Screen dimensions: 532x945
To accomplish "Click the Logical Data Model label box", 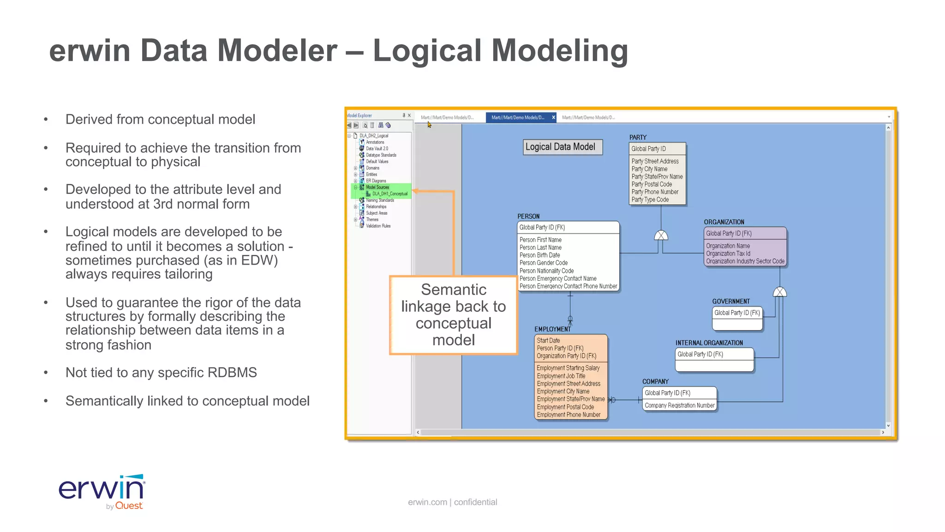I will pyautogui.click(x=562, y=147).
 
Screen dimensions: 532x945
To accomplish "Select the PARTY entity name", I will pyautogui.click(x=638, y=138).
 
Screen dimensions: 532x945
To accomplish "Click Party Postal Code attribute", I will pyautogui.click(x=652, y=184).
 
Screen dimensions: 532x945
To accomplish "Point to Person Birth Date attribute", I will pyautogui.click(x=539, y=255).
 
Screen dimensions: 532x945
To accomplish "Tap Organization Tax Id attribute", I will pyautogui.click(x=728, y=254).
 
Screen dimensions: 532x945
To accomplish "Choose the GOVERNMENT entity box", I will pyautogui.click(x=737, y=319).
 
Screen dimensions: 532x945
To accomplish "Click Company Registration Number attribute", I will pyautogui.click(x=679, y=405).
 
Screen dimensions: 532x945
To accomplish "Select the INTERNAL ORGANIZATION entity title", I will pyautogui.click(x=709, y=343).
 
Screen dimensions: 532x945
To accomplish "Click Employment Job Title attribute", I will pyautogui.click(x=561, y=376).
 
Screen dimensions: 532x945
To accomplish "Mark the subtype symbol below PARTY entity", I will pyautogui.click(x=661, y=236).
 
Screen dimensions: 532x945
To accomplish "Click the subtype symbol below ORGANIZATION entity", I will pyautogui.click(x=779, y=292).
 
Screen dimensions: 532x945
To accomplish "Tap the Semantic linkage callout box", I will pyautogui.click(x=453, y=315).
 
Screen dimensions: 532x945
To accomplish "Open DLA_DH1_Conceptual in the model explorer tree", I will pyautogui.click(x=389, y=194).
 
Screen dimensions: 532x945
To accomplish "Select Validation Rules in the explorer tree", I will pyautogui.click(x=378, y=226).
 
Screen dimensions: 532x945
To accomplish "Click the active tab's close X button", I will pyautogui.click(x=553, y=117).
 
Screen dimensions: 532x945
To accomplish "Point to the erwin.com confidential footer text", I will pyautogui.click(x=452, y=502).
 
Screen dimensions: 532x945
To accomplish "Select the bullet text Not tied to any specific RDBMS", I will pyautogui.click(x=161, y=373).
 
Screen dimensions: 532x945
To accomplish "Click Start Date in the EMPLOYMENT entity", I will pyautogui.click(x=548, y=340).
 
